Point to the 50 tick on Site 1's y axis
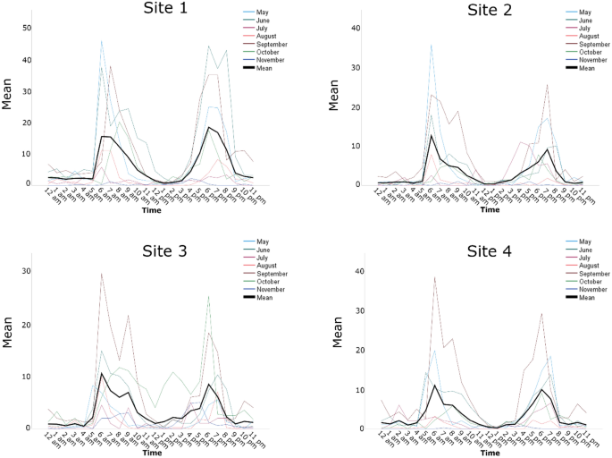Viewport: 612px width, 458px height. click(x=27, y=29)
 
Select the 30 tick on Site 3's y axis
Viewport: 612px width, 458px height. click(x=27, y=271)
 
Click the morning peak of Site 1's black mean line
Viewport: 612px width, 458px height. click(x=105, y=136)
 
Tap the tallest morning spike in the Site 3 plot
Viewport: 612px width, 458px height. click(x=101, y=274)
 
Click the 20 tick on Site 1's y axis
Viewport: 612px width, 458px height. click(x=27, y=122)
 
